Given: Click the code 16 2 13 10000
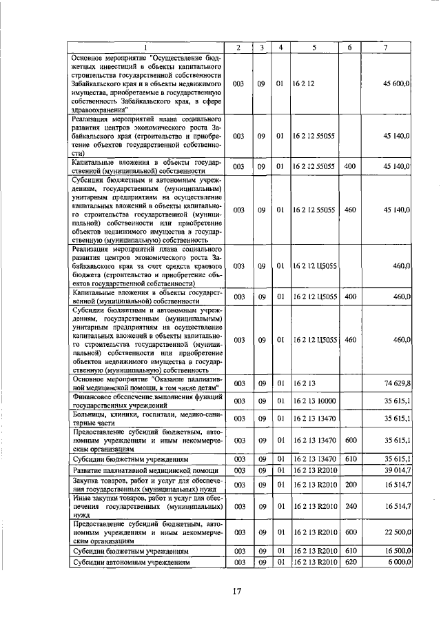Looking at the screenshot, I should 316,401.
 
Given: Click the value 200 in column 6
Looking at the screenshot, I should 349,485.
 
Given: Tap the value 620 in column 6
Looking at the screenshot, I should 349,563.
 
